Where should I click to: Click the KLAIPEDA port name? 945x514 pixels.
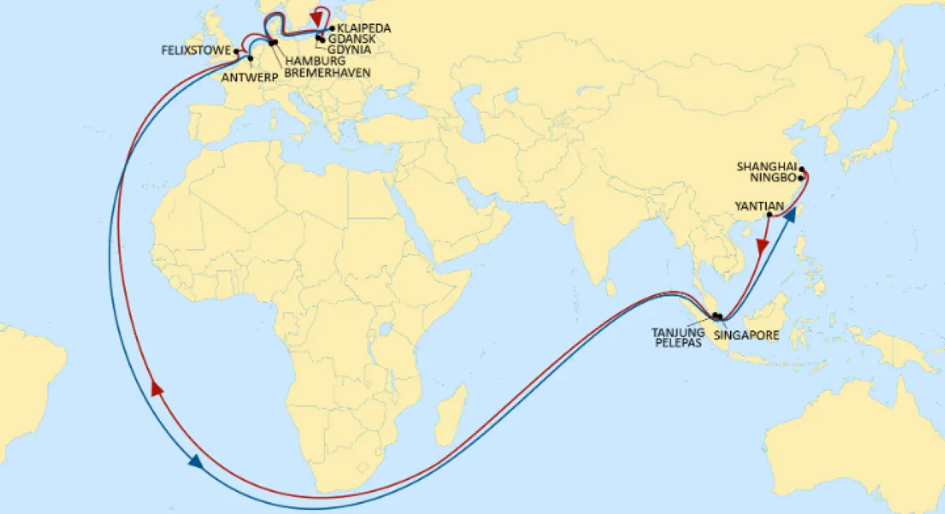tap(364, 28)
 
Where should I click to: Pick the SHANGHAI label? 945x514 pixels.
tap(766, 167)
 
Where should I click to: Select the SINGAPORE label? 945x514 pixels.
tap(746, 335)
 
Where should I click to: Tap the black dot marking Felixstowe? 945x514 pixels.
tap(237, 51)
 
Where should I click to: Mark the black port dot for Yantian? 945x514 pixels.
tap(769, 214)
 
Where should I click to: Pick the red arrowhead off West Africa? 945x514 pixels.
tap(157, 389)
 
